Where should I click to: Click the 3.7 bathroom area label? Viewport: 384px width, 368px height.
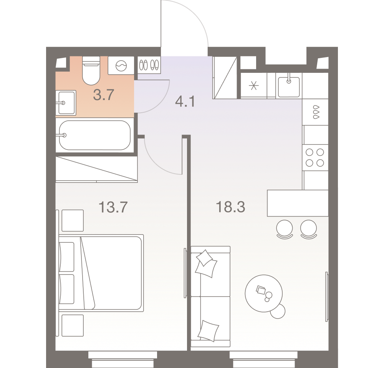104,95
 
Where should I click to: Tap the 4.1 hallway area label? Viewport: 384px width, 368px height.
185,102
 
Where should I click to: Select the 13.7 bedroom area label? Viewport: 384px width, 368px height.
113,207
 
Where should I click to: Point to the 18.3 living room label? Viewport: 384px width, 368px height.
230,207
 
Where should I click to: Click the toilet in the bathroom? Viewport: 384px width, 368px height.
91,71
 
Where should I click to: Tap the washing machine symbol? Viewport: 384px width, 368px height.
121,66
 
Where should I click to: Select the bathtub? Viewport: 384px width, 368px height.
95,135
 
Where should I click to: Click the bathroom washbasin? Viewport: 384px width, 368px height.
66,103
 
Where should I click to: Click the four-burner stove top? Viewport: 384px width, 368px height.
315,158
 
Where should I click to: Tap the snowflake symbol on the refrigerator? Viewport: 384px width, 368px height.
254,86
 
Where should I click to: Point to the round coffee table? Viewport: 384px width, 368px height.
264,293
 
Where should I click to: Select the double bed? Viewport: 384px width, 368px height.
101,273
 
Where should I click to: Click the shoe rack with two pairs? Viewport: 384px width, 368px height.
149,65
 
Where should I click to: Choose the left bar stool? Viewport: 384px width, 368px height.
285,229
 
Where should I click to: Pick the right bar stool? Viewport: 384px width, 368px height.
309,229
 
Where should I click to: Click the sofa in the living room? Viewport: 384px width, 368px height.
210,296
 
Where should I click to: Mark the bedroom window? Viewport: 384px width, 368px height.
123,360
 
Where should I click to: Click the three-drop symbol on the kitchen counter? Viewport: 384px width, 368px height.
316,112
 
